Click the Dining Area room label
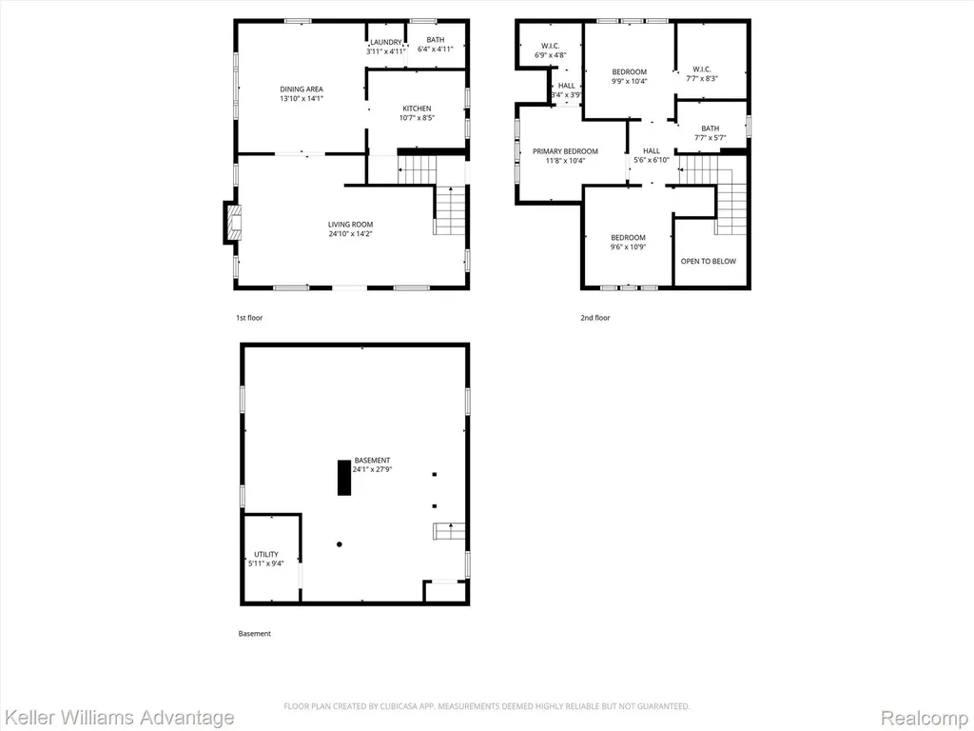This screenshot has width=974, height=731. (x=302, y=89)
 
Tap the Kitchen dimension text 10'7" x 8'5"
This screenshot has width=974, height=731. (x=417, y=117)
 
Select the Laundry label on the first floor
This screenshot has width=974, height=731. (x=386, y=42)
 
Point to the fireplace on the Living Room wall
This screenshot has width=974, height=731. (x=232, y=223)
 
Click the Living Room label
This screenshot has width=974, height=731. (x=350, y=225)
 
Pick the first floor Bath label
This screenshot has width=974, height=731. (x=436, y=40)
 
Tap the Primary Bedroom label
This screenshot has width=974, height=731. (x=565, y=151)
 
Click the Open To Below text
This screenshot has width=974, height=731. (x=708, y=261)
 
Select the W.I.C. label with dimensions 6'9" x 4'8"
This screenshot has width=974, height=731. (x=551, y=46)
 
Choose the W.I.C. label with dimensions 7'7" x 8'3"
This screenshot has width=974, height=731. (x=702, y=69)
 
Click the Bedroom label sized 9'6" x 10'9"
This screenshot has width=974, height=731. (x=628, y=237)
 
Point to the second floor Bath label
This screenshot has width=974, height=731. (x=710, y=128)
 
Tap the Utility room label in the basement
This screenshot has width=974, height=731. (x=266, y=555)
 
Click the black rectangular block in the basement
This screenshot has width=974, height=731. (x=344, y=478)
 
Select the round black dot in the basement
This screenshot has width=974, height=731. (x=340, y=544)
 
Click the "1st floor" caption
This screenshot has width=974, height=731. (x=249, y=318)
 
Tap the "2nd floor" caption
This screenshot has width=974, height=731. (x=595, y=318)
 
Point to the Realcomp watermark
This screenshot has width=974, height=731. (x=925, y=718)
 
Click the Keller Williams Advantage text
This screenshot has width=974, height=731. (x=119, y=718)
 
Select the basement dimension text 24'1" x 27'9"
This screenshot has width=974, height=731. (x=372, y=470)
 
